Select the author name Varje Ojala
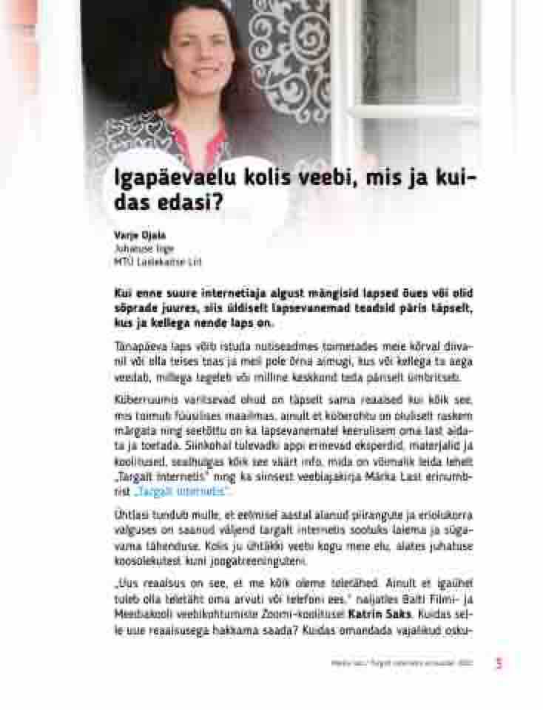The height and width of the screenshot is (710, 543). click(135, 234)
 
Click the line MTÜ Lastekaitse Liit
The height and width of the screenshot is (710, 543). click(158, 262)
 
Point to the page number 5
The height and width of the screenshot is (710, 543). click(499, 663)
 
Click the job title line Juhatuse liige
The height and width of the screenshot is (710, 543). click(144, 248)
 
